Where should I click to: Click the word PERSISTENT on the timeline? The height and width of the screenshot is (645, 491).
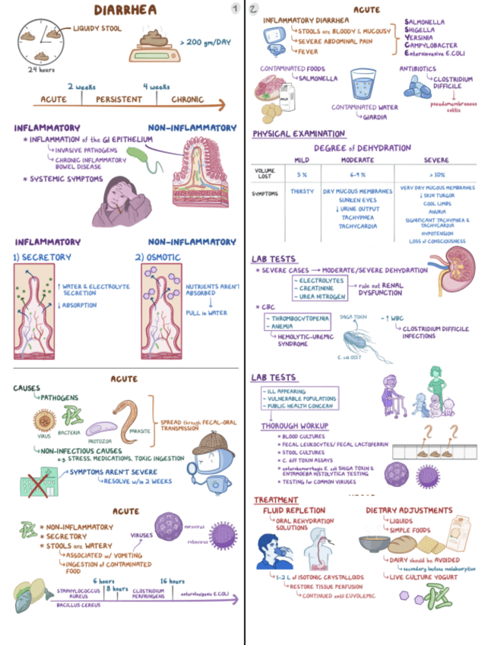pos(119,99)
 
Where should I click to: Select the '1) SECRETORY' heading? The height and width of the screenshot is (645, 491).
pos(43,257)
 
